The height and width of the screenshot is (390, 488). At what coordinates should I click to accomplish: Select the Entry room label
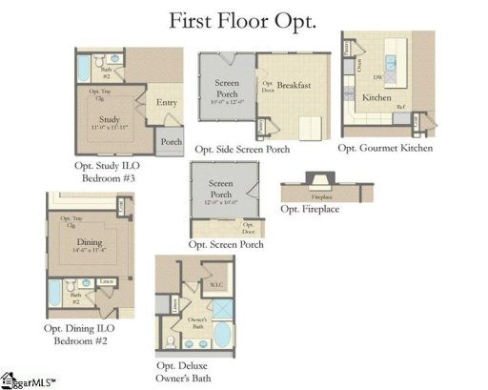(167, 102)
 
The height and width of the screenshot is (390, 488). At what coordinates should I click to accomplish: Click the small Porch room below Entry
(171, 142)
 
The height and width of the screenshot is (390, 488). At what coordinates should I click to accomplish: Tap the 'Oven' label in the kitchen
(358, 65)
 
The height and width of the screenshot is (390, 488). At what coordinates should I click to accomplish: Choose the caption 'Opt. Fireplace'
(310, 208)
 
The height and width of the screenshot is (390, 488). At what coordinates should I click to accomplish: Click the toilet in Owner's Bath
(170, 340)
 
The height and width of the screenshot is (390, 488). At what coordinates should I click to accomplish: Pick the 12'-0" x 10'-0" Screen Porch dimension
(221, 202)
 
